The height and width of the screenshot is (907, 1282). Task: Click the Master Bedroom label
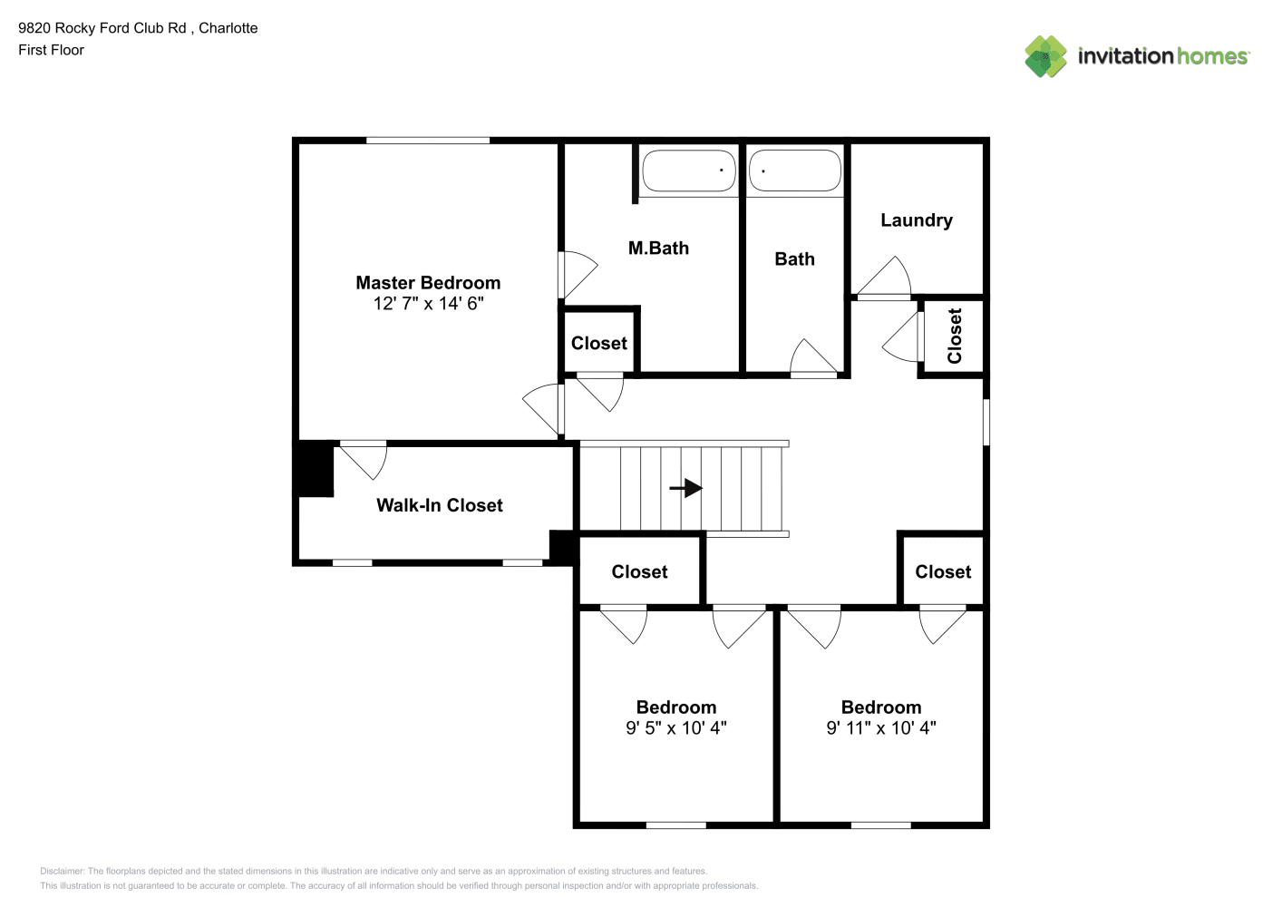(428, 283)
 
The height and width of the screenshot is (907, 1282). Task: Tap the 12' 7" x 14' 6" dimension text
(428, 303)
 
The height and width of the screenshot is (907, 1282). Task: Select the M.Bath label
(658, 248)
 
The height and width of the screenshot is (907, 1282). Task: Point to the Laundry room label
(917, 220)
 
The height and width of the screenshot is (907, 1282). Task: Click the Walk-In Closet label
(440, 505)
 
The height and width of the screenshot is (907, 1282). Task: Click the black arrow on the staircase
(685, 488)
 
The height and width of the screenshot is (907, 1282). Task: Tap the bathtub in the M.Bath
(688, 171)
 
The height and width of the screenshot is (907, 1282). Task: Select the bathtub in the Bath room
(794, 171)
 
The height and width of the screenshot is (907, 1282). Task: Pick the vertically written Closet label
(954, 336)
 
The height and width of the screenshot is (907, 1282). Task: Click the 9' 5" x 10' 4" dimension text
(676, 727)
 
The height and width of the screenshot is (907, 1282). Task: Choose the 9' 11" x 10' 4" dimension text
(880, 727)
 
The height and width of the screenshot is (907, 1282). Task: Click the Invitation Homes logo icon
(1045, 56)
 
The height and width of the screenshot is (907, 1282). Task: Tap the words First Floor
(51, 50)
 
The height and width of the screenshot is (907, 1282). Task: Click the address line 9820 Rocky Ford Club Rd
(102, 28)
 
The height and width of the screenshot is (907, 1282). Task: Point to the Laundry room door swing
(885, 278)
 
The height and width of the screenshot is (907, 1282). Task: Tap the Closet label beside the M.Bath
(598, 343)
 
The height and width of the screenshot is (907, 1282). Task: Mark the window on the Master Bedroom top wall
(428, 141)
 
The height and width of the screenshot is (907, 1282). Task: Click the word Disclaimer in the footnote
(62, 871)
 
